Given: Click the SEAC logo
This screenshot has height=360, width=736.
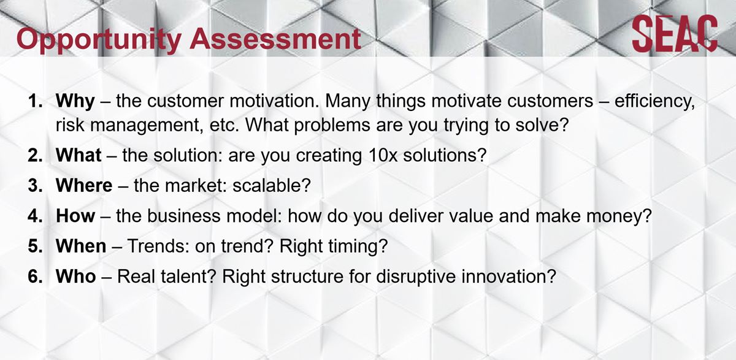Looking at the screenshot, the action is pos(675,34).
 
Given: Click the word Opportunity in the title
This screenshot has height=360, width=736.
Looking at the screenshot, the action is pos(99,40).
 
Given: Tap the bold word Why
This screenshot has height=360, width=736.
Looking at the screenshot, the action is pos(75,101).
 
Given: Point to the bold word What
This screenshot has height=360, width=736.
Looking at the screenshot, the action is pos(79,155).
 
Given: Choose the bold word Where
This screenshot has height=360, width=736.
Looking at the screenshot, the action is pos(84,185).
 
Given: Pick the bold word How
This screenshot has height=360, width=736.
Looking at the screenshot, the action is pos(75,216).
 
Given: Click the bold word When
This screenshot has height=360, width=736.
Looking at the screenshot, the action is pos(81,247).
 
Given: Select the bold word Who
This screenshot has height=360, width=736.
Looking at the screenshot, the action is pos(76,276).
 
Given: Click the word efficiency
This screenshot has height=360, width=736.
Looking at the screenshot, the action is pos(654,101).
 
